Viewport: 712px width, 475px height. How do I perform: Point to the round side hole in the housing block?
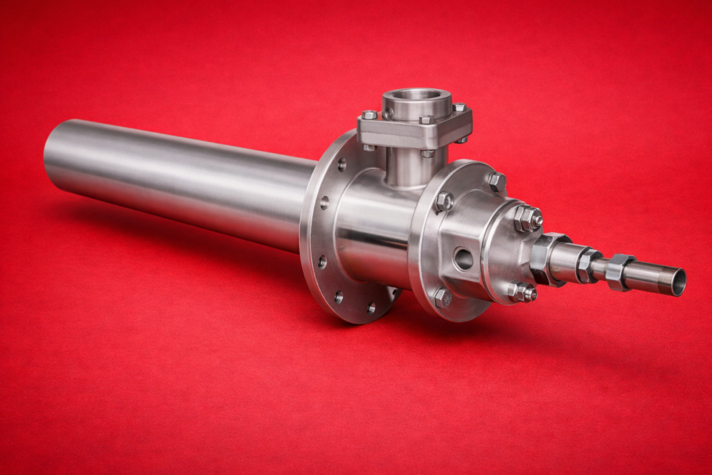pyautogui.click(x=463, y=259)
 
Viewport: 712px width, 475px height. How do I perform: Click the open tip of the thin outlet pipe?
pyautogui.click(x=678, y=282)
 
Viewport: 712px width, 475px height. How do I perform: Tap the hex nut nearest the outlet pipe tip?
pyautogui.click(x=618, y=271)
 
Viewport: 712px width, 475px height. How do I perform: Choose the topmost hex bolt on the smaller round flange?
pyautogui.click(x=496, y=182)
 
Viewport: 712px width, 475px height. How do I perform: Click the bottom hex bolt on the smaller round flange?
pyautogui.click(x=442, y=298)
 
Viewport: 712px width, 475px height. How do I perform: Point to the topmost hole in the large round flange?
pyautogui.click(x=341, y=165)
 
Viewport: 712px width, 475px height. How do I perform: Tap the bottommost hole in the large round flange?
pyautogui.click(x=371, y=307)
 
